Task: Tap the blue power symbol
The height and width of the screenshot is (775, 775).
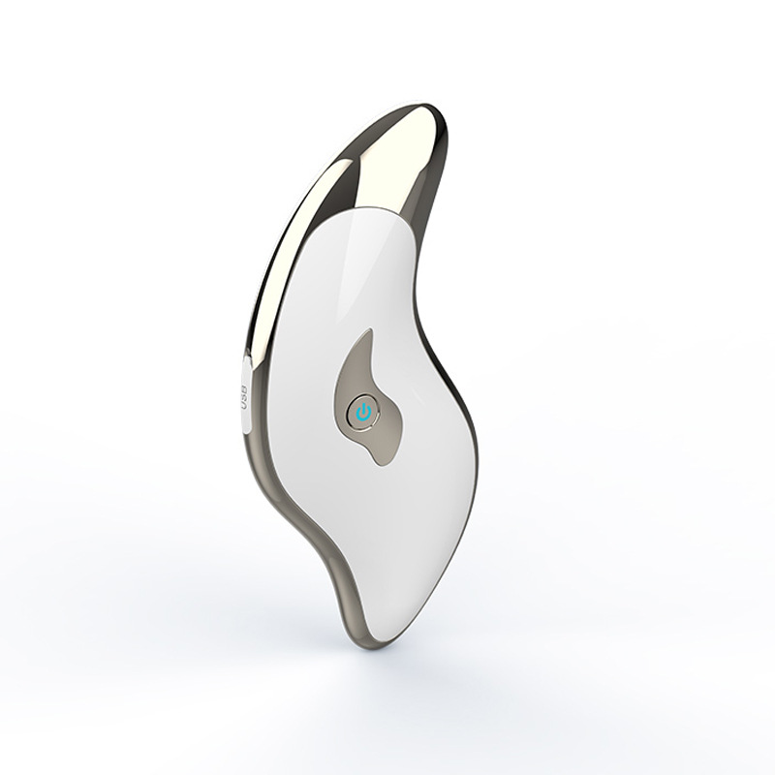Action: (x=362, y=411)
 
